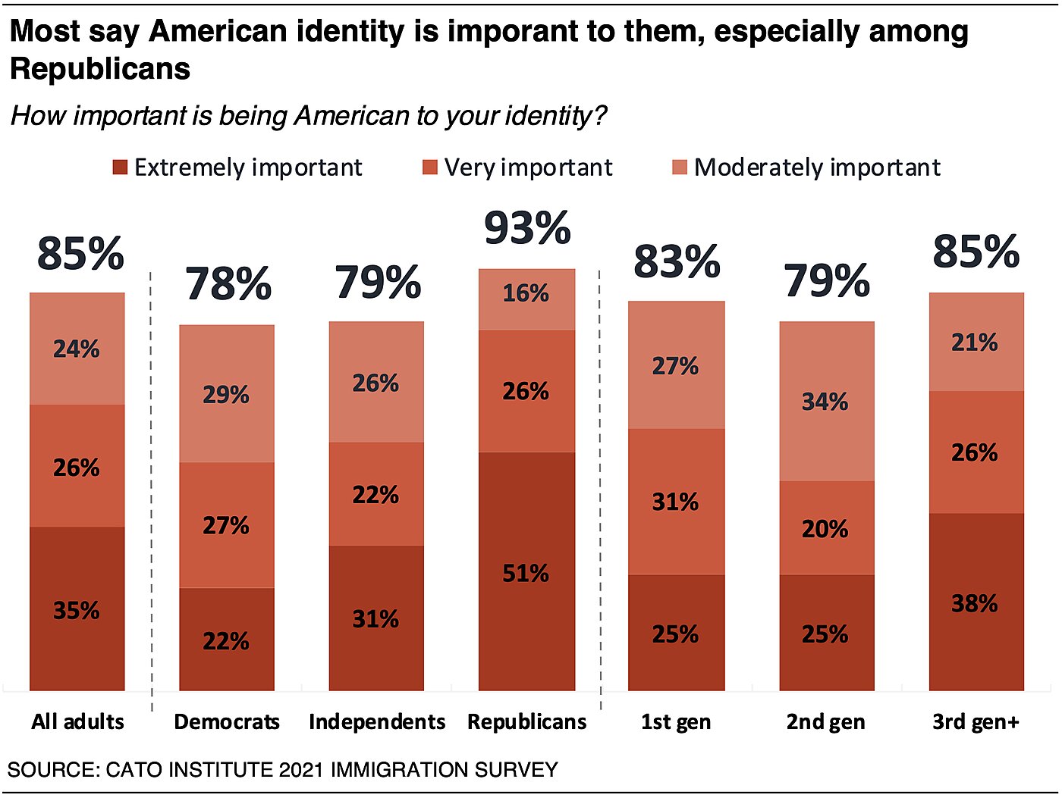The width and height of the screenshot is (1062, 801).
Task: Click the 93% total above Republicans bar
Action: coord(527,228)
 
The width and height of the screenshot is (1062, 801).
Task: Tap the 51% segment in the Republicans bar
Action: coord(526,572)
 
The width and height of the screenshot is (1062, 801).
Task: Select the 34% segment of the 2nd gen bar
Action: coord(826,402)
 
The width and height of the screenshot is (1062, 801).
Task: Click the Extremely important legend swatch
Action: coord(120,167)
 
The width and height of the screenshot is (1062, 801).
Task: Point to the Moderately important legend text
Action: coord(817,167)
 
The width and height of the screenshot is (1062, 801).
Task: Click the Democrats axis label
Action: coord(227,721)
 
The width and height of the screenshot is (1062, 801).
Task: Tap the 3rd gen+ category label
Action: coord(976,721)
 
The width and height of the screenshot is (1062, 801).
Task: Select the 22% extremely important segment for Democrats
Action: coord(226,640)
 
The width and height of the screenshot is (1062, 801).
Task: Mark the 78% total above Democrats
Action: coord(228,284)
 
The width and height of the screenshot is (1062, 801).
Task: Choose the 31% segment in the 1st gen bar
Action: coord(676,502)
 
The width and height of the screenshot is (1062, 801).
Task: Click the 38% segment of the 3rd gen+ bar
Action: coord(976,603)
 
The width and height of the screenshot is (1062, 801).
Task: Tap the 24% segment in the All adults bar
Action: coord(77,349)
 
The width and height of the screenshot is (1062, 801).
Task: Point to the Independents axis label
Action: coord(377,721)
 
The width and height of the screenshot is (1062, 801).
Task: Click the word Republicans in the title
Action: coord(100,69)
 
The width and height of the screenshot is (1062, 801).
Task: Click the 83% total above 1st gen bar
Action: coord(677,261)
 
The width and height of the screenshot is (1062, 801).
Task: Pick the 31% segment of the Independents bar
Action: coord(376,618)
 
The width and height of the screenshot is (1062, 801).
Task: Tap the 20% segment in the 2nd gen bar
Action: coord(826,528)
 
